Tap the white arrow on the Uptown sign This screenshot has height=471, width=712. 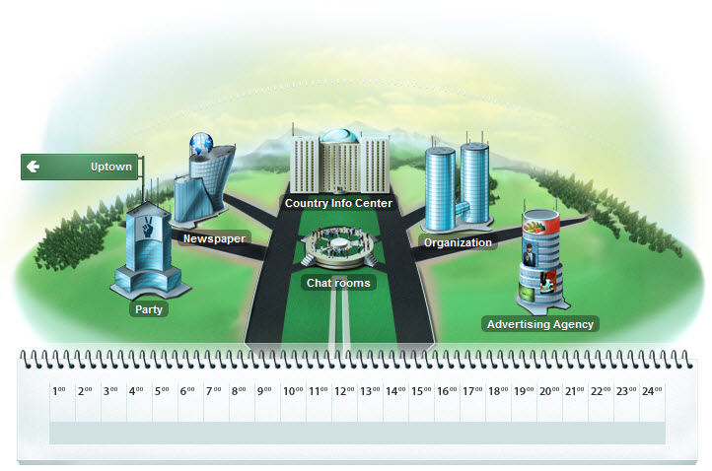coord(33,167)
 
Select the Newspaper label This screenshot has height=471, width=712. coord(214,238)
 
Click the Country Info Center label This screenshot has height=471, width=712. coord(338,204)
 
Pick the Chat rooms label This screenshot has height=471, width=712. coord(338,283)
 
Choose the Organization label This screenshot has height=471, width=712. coord(457,242)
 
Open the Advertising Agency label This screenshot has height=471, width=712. coord(540,324)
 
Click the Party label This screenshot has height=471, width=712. coord(149,309)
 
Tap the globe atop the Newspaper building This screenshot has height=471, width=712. coord(202,144)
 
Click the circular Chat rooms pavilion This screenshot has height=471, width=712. coord(338,246)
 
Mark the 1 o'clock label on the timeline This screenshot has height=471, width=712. coord(59,391)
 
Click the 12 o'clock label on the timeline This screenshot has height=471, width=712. coord(343,391)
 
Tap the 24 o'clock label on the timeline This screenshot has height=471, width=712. coord(651,391)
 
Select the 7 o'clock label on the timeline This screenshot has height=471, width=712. coord(213,391)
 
